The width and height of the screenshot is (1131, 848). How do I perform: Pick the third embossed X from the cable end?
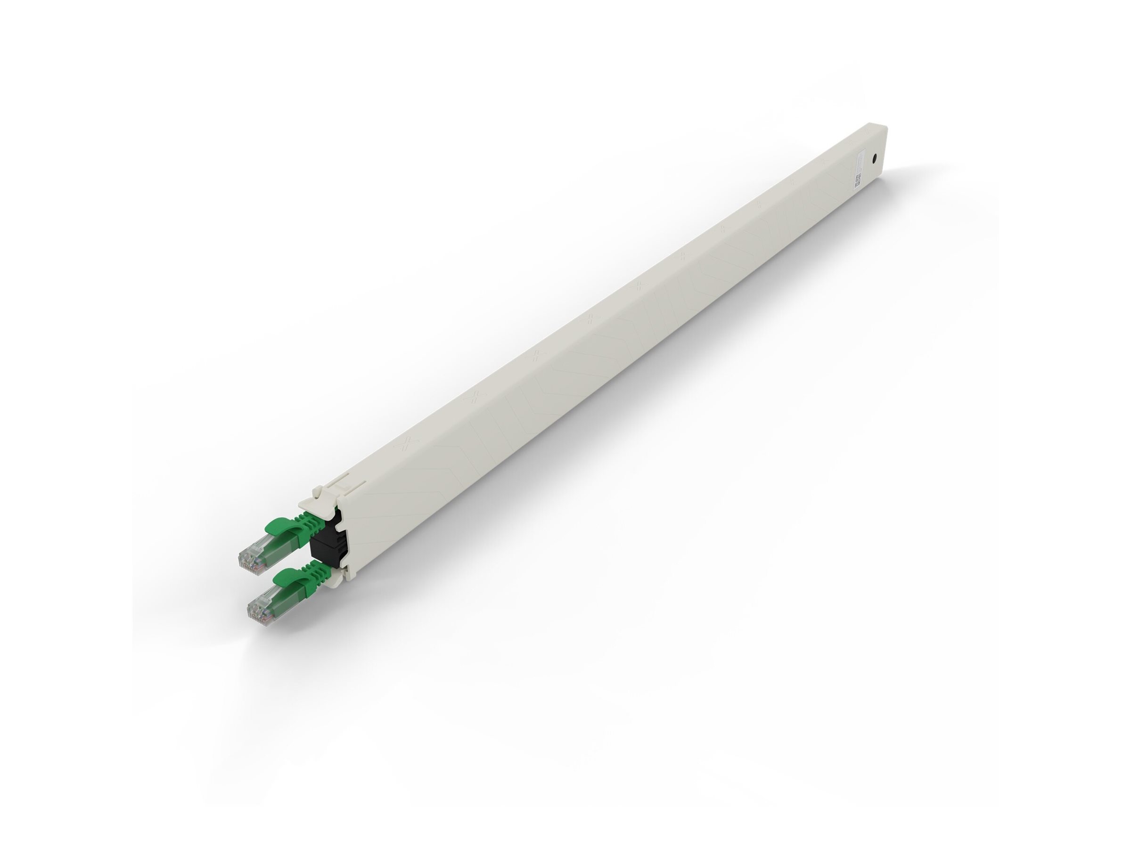[x=535, y=357]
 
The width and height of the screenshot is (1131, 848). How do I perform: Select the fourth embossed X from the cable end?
[x=590, y=320]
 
